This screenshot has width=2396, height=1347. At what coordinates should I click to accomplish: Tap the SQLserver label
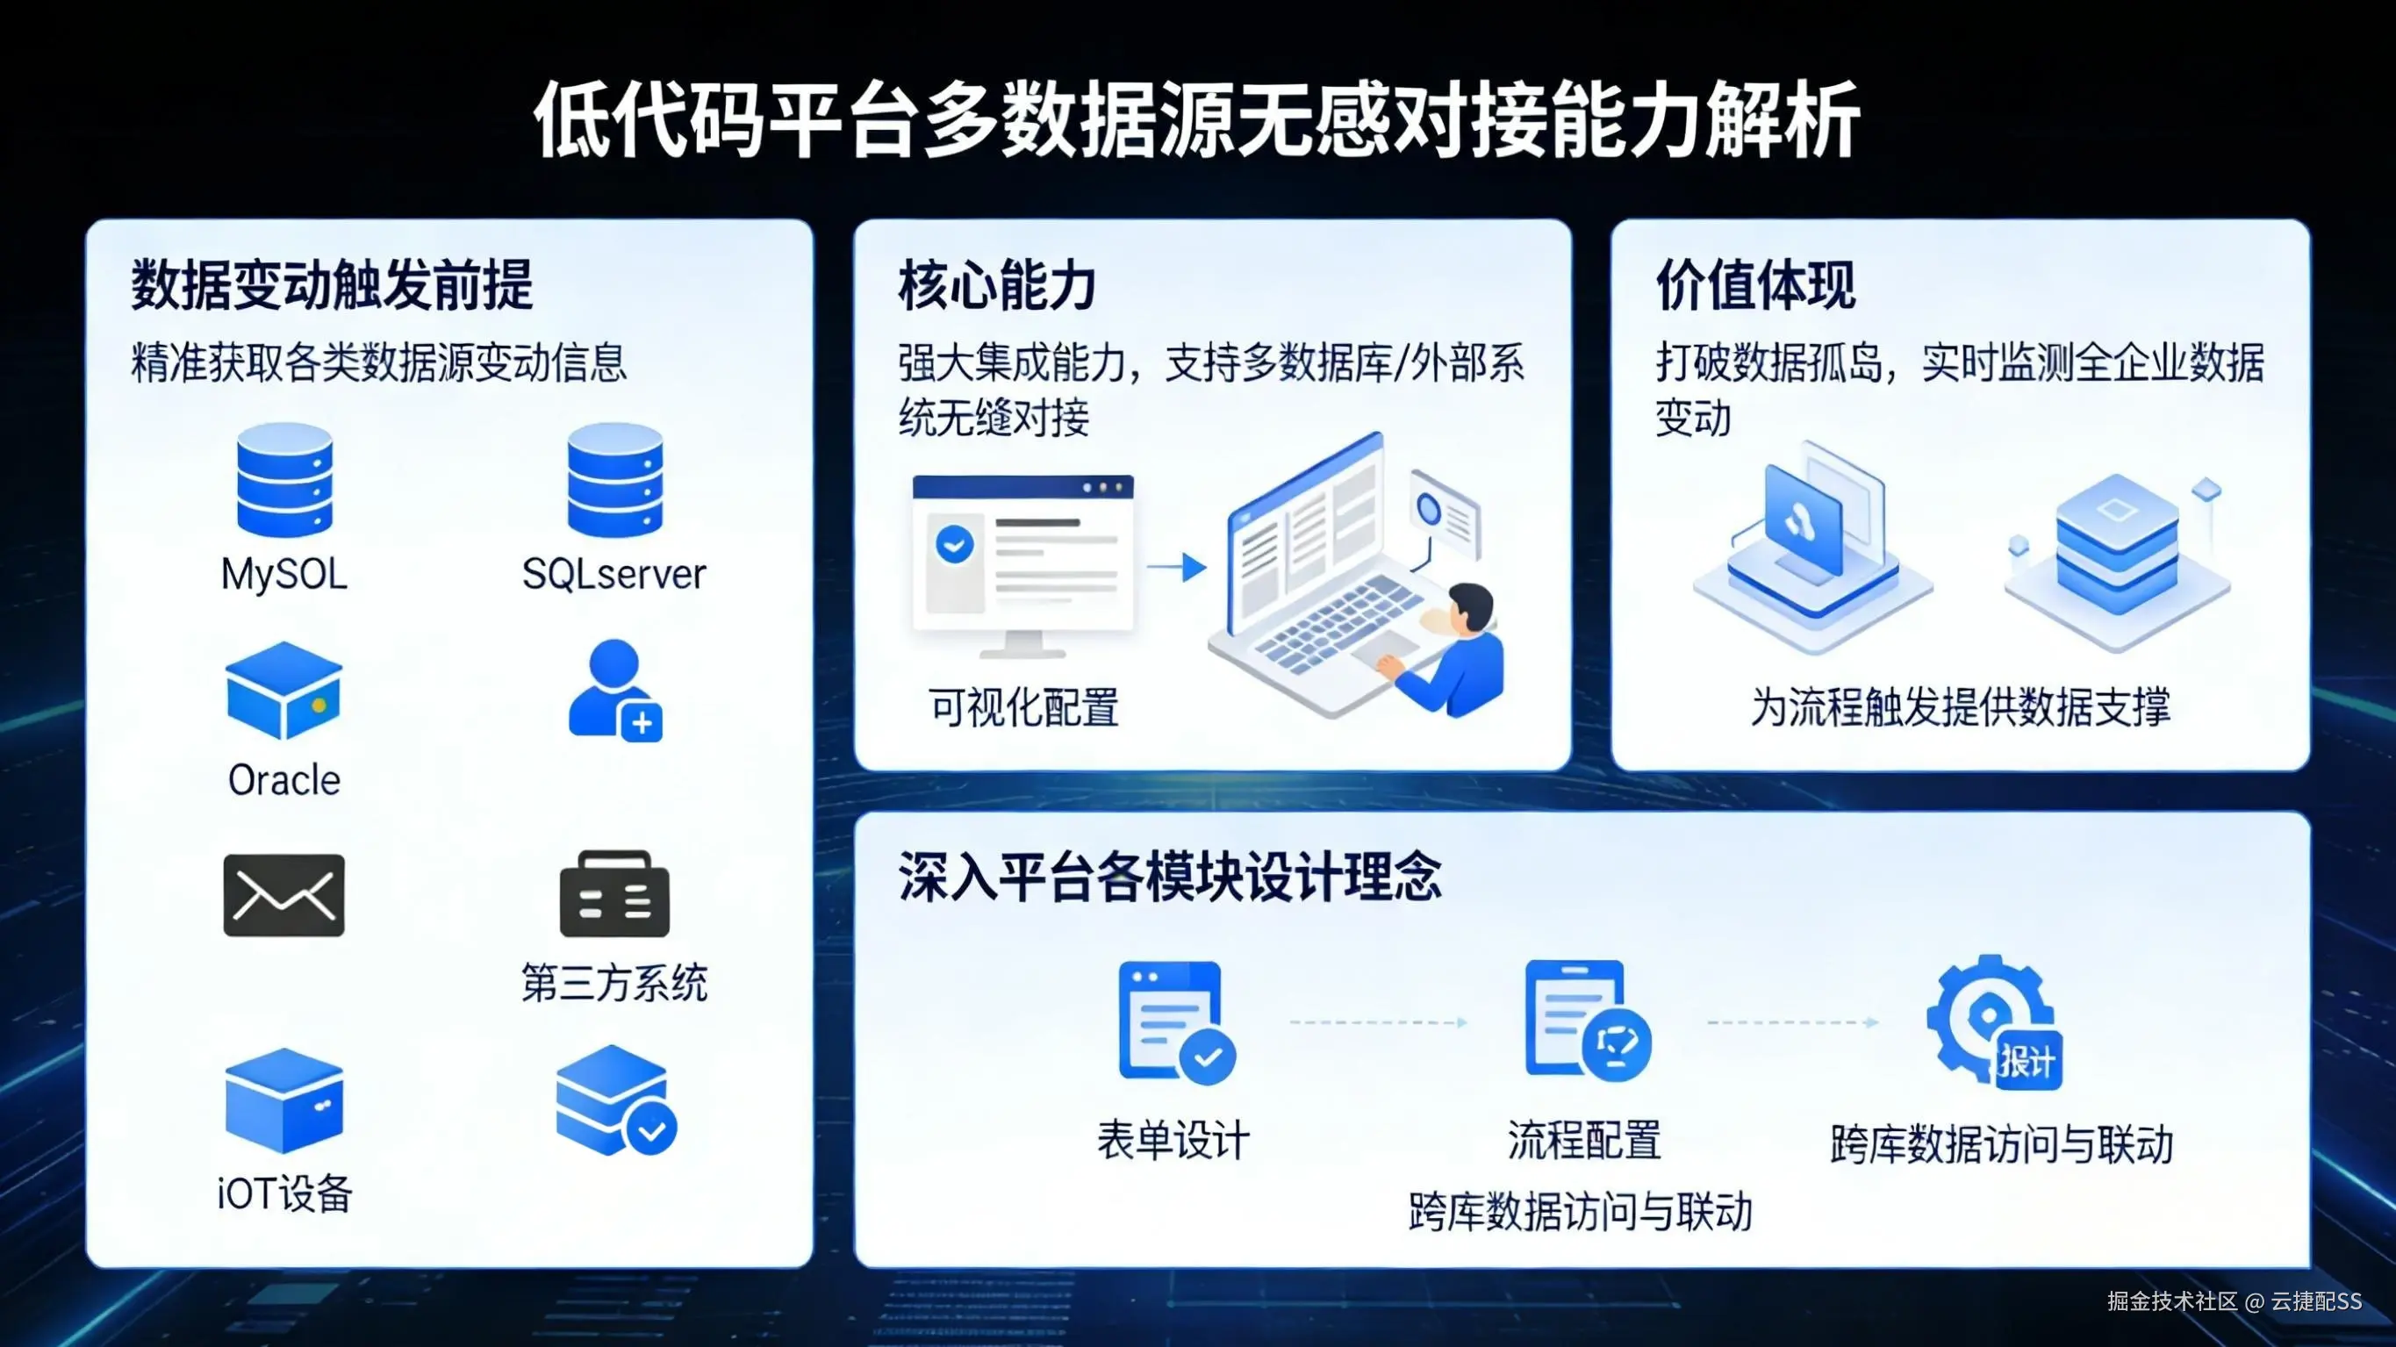613,574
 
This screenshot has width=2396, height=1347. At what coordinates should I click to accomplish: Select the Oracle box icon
283,691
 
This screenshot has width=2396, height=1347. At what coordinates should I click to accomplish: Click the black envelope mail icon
283,895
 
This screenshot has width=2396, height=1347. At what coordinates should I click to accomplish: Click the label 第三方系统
613,984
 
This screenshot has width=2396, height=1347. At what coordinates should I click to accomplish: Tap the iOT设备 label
283,1193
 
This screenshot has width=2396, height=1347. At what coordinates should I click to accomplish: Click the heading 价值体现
1755,285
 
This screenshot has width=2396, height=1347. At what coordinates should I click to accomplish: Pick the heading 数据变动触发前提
332,285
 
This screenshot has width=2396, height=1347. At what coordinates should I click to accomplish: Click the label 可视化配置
1023,708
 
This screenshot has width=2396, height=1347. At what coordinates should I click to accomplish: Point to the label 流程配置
1584,1141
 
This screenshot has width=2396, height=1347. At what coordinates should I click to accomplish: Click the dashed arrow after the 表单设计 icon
1378,1022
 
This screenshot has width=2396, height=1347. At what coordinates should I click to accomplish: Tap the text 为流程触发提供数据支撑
1960,708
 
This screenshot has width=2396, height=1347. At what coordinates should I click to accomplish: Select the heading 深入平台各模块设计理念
1169,878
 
